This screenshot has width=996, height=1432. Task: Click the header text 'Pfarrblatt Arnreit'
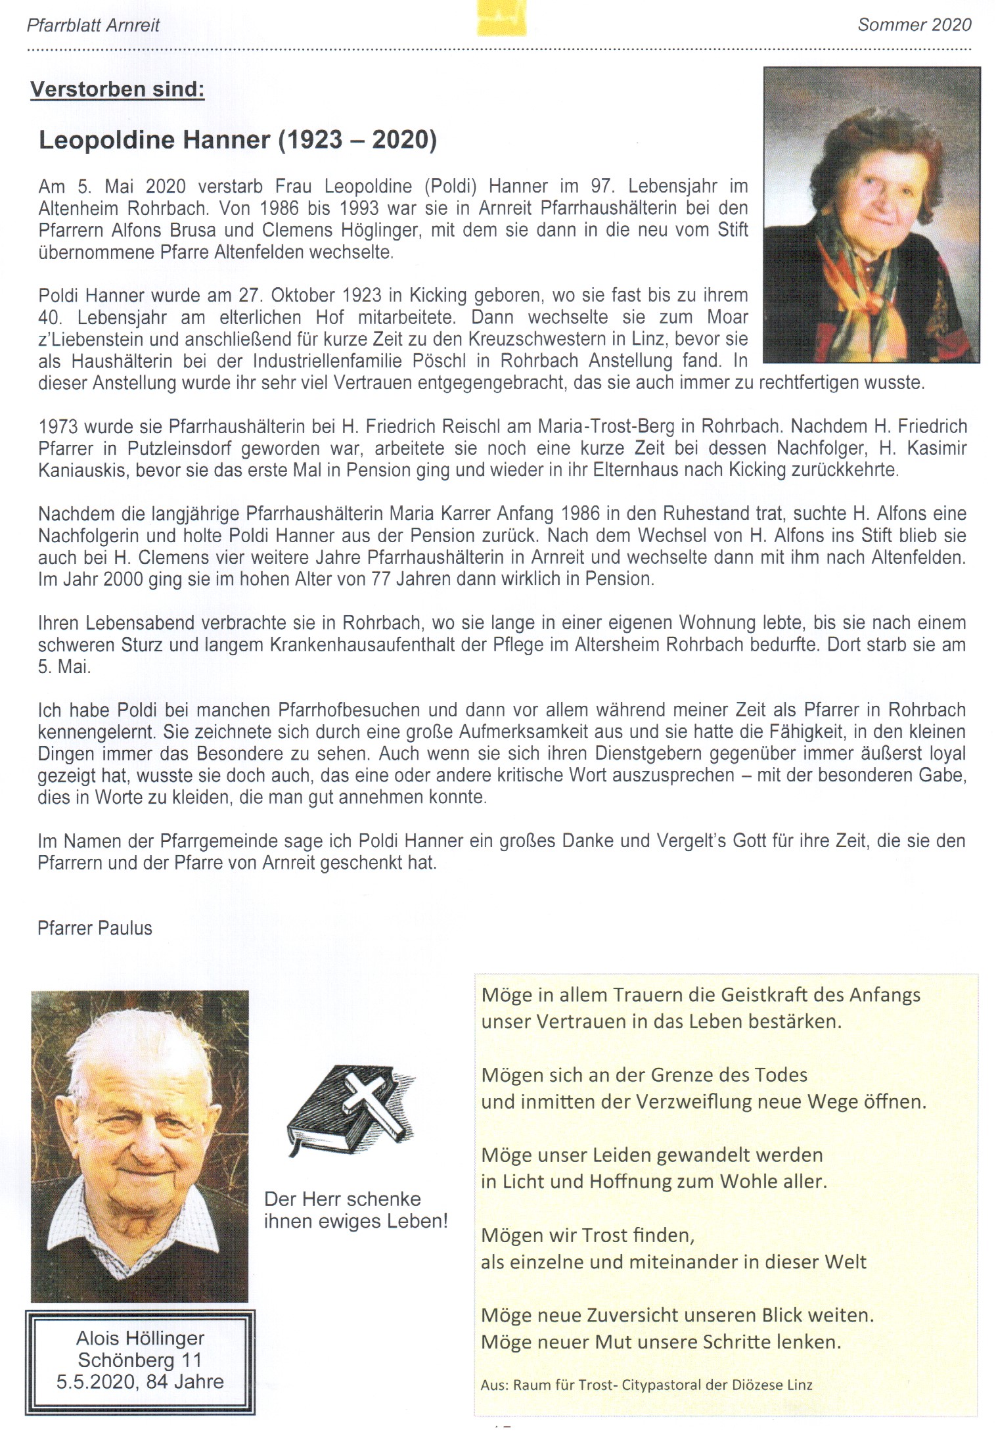click(93, 26)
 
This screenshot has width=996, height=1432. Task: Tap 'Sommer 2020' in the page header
click(914, 25)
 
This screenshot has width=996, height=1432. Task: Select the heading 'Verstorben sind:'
click(118, 89)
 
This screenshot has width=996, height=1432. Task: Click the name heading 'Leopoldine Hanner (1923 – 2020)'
click(237, 140)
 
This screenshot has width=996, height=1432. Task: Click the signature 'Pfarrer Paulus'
click(95, 928)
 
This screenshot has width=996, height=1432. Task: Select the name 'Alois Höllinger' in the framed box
click(140, 1337)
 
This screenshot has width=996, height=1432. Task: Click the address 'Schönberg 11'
click(140, 1359)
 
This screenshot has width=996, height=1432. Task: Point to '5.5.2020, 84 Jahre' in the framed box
click(140, 1381)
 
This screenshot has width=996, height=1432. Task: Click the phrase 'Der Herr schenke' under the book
click(342, 1198)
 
